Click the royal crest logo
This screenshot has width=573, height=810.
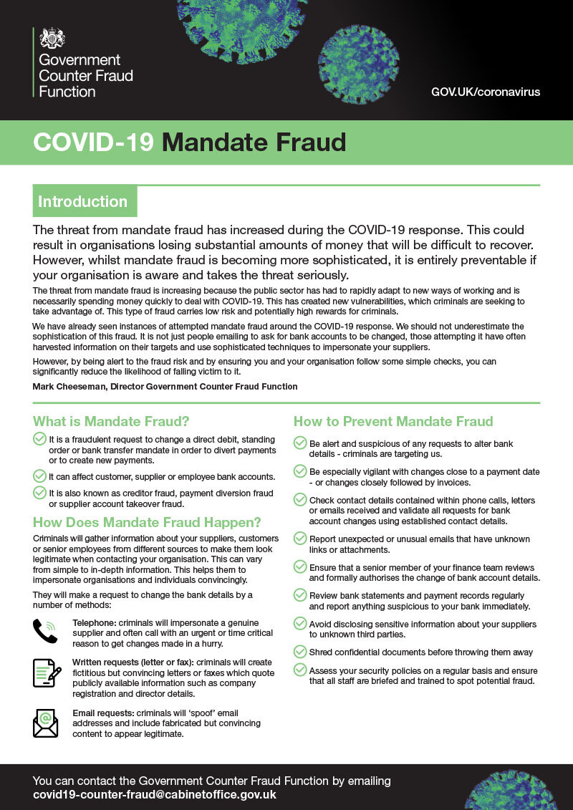pos(52,37)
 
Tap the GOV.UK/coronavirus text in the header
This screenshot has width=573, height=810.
pos(486,92)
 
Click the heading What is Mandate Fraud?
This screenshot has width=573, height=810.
pos(111,421)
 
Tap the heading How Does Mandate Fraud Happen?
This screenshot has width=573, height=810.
pos(147,521)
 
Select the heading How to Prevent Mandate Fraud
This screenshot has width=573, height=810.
pos(393,421)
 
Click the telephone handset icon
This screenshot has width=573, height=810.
pos(45,632)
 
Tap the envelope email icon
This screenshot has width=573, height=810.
pos(45,722)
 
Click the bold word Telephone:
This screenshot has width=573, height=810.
pos(95,623)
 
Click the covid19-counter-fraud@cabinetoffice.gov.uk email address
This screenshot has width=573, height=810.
pos(154,795)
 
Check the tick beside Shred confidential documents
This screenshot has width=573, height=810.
pos(300,651)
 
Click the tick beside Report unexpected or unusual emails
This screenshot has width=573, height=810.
pos(300,538)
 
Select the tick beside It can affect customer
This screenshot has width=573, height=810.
pos(39,476)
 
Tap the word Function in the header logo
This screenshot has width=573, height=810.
pos(67,92)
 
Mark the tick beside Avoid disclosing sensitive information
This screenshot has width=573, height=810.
pos(300,623)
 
